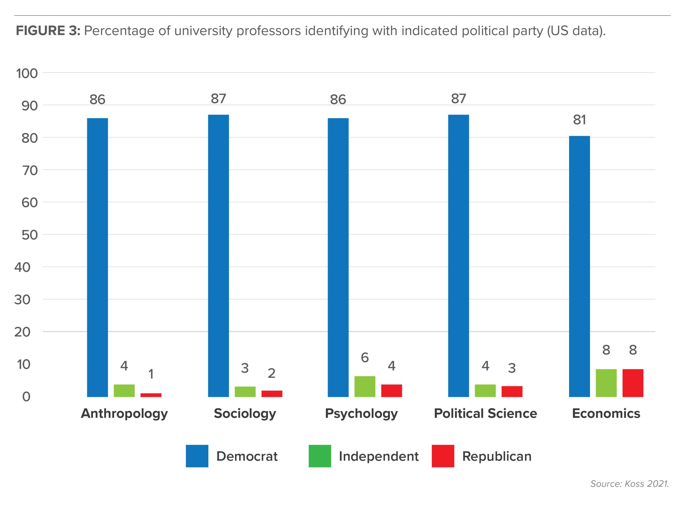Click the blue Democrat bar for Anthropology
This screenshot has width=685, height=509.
97,257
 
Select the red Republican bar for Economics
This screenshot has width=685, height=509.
633,383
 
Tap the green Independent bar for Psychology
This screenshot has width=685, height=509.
365,386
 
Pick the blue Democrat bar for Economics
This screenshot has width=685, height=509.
579,266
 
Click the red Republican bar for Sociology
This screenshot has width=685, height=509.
272,393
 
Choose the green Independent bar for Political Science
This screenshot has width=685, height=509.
485,390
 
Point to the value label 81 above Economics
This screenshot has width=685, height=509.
579,120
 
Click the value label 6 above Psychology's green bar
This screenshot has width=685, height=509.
365,358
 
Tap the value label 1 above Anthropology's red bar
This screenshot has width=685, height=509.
151,374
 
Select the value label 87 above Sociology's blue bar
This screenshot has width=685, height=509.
218,98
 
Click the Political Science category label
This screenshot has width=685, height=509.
485,413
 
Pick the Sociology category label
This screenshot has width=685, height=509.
245,413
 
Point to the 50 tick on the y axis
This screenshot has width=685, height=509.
30,235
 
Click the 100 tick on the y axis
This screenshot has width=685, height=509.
27,73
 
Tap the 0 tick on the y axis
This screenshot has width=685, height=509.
26,397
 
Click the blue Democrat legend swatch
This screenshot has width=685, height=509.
197,456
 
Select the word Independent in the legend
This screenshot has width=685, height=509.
379,456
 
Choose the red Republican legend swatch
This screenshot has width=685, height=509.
443,456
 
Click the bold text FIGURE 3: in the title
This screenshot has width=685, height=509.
48,31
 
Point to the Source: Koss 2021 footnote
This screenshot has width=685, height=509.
629,484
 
